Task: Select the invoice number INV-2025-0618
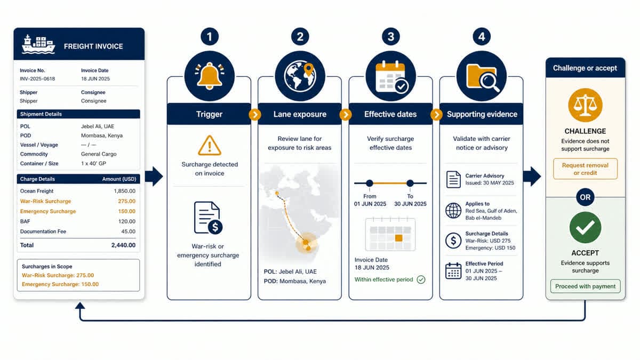[x=37, y=79]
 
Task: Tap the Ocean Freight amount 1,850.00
[x=125, y=191]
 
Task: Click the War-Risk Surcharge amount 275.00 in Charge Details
[x=126, y=201]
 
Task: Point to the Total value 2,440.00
[x=123, y=245]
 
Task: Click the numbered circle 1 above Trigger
[x=210, y=37]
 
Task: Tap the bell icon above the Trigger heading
[x=210, y=76]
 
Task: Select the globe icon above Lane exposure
[x=300, y=76]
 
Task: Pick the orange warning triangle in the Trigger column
[x=210, y=146]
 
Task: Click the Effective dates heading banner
[x=390, y=114]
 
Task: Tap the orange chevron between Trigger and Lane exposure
[x=255, y=115]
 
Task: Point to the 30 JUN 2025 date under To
[x=410, y=204]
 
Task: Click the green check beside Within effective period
[x=421, y=279]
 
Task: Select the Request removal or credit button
[x=585, y=169]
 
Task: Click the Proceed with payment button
[x=585, y=286]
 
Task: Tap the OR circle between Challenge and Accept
[x=585, y=197]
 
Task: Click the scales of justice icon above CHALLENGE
[x=585, y=105]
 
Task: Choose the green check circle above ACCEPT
[x=585, y=228]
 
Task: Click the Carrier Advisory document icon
[x=453, y=179]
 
